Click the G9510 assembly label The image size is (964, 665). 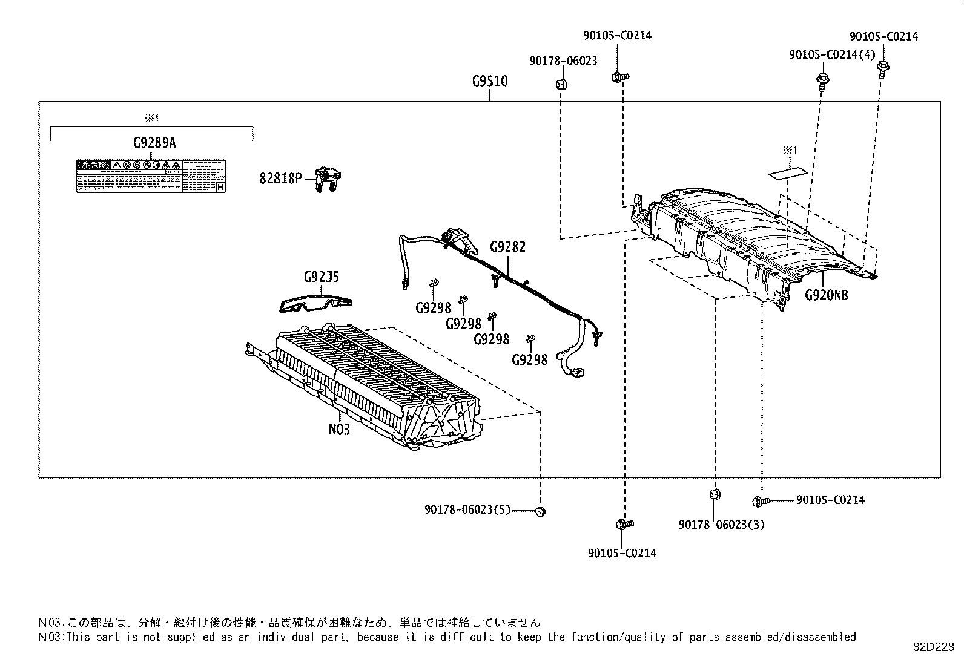point(490,81)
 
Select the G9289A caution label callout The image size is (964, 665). point(154,143)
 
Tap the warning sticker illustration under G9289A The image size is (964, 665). point(151,177)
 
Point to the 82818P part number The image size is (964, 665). point(280,179)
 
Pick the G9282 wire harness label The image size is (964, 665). point(507,247)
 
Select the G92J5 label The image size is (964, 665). point(321,277)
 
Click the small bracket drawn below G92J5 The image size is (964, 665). point(315,304)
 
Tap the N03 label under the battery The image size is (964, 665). point(339,429)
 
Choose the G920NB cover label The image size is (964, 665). point(826,295)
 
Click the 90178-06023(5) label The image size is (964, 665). point(467,510)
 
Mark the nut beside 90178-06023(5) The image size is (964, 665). point(540,512)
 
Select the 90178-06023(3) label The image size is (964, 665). point(721,525)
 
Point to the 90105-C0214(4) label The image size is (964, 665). point(832,55)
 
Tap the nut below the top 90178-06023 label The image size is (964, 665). point(561,84)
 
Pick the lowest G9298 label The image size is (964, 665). point(529,360)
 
